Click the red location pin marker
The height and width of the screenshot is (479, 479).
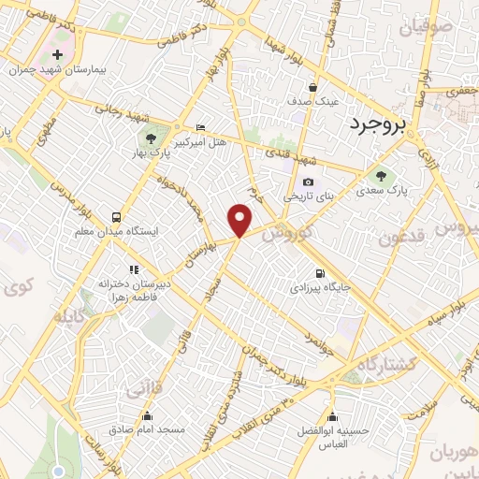click(x=240, y=220)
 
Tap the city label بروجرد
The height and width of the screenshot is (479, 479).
click(x=386, y=123)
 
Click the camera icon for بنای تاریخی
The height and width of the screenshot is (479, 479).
click(x=308, y=182)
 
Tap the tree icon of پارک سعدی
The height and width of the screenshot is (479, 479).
click(x=380, y=175)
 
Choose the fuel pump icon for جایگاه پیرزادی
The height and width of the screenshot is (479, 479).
click(x=321, y=273)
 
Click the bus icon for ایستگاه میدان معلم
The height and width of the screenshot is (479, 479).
click(x=117, y=216)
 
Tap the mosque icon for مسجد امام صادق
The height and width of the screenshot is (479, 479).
click(x=146, y=416)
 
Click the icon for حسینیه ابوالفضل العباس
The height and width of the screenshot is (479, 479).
click(x=332, y=417)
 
